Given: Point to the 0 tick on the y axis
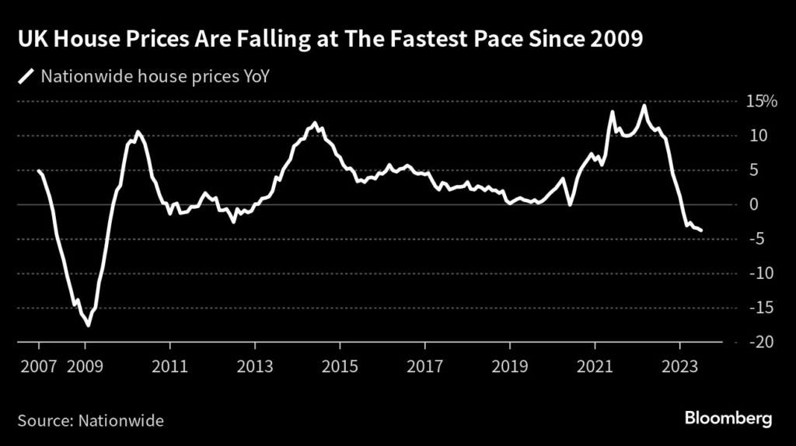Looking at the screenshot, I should point(752,204).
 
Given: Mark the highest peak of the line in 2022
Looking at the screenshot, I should point(644,105).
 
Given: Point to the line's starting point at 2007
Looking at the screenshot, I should point(38,171).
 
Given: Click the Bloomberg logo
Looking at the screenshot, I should point(728,419).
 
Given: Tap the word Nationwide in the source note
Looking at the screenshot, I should point(120,420).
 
